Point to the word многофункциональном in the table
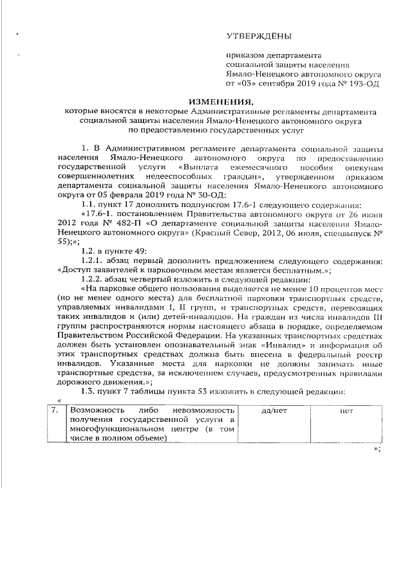tap(113, 430)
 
